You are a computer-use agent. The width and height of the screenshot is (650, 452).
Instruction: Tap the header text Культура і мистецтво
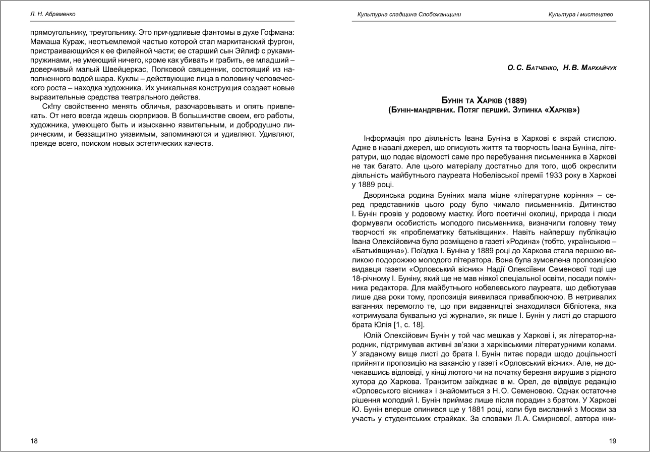[x=580, y=14]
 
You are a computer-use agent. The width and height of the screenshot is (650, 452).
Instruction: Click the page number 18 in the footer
[x=34, y=441]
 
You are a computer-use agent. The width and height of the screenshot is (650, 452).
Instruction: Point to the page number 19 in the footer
[x=613, y=441]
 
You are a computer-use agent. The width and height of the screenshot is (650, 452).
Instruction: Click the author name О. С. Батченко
[x=533, y=67]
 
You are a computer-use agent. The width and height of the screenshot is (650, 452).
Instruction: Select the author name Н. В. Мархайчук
[x=589, y=67]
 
